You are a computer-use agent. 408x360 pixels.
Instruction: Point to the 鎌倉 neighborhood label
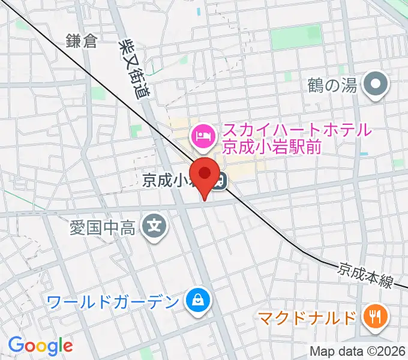point(82,41)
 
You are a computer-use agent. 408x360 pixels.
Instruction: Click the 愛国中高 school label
point(104,227)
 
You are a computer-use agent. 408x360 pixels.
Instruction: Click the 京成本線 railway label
point(365,273)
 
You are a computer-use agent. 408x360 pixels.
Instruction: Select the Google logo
point(40,346)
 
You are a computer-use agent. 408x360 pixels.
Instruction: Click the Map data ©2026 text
point(358,351)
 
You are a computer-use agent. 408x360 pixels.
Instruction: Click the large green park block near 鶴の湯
point(295,38)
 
